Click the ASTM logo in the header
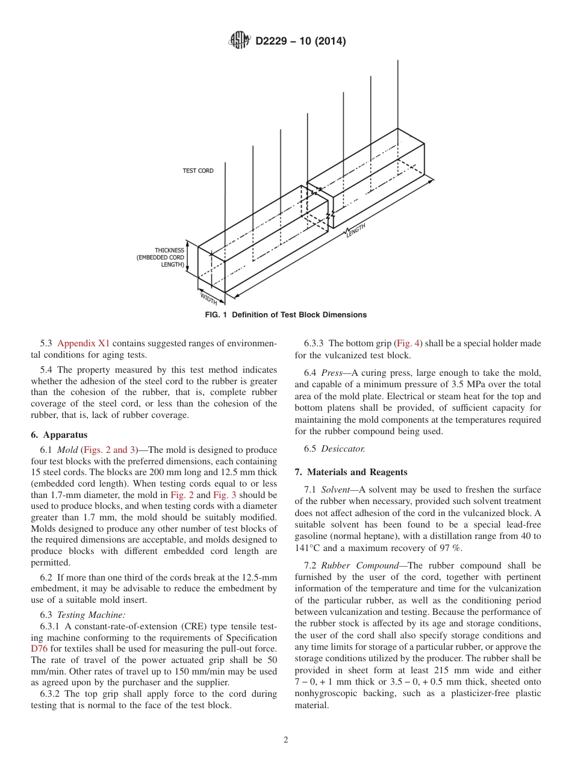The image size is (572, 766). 239,41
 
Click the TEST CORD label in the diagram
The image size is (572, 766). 198,171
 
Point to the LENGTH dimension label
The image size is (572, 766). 355,230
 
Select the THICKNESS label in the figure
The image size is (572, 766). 169,251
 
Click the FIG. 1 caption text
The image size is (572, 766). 285,315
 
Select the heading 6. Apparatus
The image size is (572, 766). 58,435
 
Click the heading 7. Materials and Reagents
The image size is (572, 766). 350,472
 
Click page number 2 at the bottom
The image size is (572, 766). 286,740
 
